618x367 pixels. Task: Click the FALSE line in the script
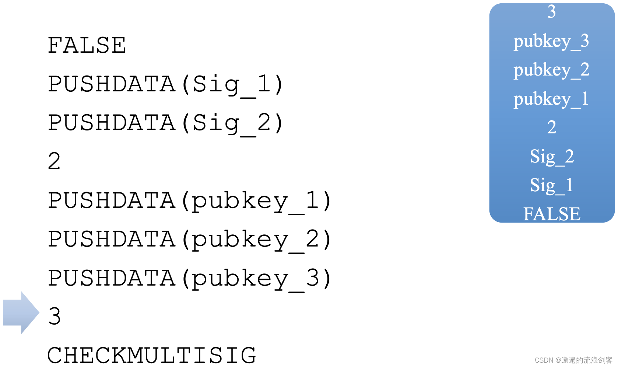(x=87, y=46)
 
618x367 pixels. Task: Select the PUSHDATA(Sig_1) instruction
(x=165, y=84)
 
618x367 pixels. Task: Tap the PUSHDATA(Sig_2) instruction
(x=165, y=123)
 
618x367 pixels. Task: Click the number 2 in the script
(x=54, y=161)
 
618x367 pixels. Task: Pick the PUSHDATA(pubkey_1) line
(x=189, y=201)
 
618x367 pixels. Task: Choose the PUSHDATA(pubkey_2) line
(x=189, y=240)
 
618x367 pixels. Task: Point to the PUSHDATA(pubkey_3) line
(x=189, y=279)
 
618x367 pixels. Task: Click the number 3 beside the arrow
(x=54, y=316)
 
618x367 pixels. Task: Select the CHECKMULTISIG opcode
(x=152, y=355)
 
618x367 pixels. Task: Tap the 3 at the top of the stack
(x=551, y=12)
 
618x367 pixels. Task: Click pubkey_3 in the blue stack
(x=551, y=41)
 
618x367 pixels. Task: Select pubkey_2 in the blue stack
(x=551, y=70)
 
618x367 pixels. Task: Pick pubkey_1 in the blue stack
(x=551, y=99)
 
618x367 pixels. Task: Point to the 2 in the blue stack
(x=551, y=127)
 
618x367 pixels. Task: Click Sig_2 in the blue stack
(x=551, y=157)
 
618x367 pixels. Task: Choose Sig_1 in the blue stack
(x=551, y=185)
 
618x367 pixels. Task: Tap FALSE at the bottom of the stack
(x=551, y=214)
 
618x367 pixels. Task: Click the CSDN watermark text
(x=573, y=360)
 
